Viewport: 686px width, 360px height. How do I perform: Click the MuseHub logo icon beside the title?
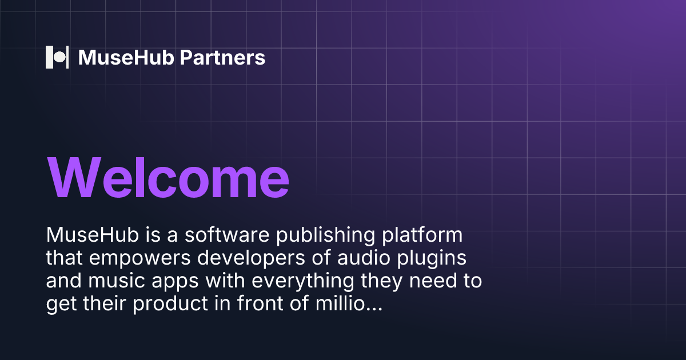pyautogui.click(x=57, y=57)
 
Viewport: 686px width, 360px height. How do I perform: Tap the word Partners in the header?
pyautogui.click(x=222, y=58)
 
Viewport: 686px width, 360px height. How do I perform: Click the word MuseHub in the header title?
pyautogui.click(x=126, y=57)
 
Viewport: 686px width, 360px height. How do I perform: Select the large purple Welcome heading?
pyautogui.click(x=168, y=178)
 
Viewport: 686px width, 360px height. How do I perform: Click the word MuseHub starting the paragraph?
pyautogui.click(x=93, y=235)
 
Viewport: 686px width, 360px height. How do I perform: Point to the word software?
pyautogui.click(x=227, y=235)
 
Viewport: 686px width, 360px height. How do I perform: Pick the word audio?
pyautogui.click(x=364, y=258)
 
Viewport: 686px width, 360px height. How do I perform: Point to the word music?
pyautogui.click(x=117, y=281)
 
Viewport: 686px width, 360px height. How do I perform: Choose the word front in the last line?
pyautogui.click(x=260, y=303)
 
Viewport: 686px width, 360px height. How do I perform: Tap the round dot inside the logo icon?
pyautogui.click(x=59, y=57)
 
